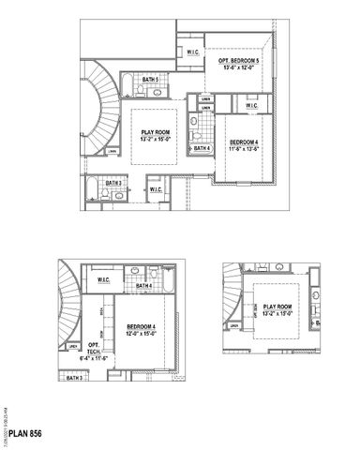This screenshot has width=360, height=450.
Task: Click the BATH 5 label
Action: coord(150,81)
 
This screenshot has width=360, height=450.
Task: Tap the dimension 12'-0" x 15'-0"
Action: coord(139,335)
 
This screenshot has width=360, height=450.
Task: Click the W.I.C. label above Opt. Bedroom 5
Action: coord(190,52)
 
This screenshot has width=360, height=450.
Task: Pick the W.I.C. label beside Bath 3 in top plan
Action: coord(155,190)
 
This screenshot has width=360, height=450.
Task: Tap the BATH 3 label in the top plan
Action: coord(114,183)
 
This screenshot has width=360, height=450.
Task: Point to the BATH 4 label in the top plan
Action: coord(200,147)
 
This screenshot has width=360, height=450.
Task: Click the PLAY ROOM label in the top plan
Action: coord(158,133)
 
